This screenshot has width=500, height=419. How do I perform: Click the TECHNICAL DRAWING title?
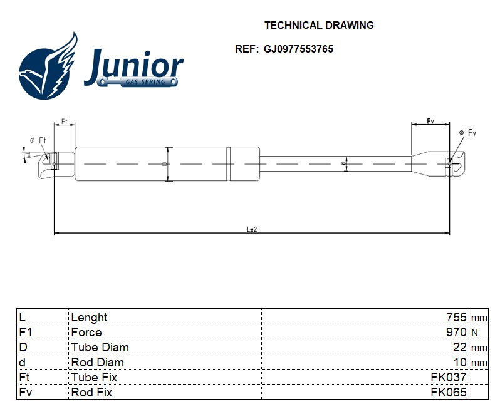pyautogui.click(x=319, y=26)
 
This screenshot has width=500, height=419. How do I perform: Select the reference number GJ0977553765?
pyautogui.click(x=298, y=49)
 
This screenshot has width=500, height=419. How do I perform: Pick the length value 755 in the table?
pyautogui.click(x=456, y=318)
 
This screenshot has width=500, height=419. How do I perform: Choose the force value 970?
pyautogui.click(x=456, y=333)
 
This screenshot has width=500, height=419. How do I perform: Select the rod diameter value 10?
pyautogui.click(x=459, y=363)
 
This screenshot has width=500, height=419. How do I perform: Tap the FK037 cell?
pyautogui.click(x=448, y=378)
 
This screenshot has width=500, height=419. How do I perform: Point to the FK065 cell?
pyautogui.click(x=448, y=393)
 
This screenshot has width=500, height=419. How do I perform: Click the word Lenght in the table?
pyautogui.click(x=89, y=318)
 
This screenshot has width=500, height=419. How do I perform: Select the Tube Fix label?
pyautogui.click(x=94, y=378)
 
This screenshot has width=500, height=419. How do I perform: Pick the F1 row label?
pyautogui.click(x=26, y=333)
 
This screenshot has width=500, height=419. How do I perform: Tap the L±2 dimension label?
pyautogui.click(x=251, y=229)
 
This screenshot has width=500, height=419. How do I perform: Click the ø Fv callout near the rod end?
pyautogui.click(x=467, y=133)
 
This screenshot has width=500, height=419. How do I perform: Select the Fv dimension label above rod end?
pyautogui.click(x=430, y=120)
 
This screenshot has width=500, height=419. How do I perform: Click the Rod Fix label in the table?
pyautogui.click(x=91, y=393)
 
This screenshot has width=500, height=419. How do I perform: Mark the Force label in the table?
pyautogui.click(x=86, y=333)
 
